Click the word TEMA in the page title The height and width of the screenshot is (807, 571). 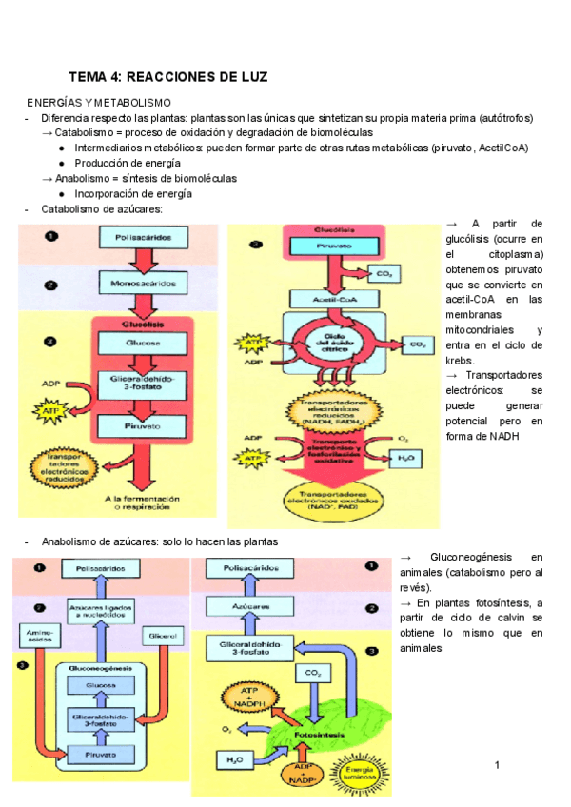(x=90, y=76)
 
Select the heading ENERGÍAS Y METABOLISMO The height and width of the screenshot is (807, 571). (x=98, y=102)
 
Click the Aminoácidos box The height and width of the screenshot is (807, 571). (x=35, y=634)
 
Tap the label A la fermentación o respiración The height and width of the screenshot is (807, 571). (x=133, y=502)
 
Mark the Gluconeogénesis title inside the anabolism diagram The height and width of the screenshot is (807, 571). (x=100, y=668)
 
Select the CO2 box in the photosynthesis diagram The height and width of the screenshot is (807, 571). (x=313, y=674)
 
